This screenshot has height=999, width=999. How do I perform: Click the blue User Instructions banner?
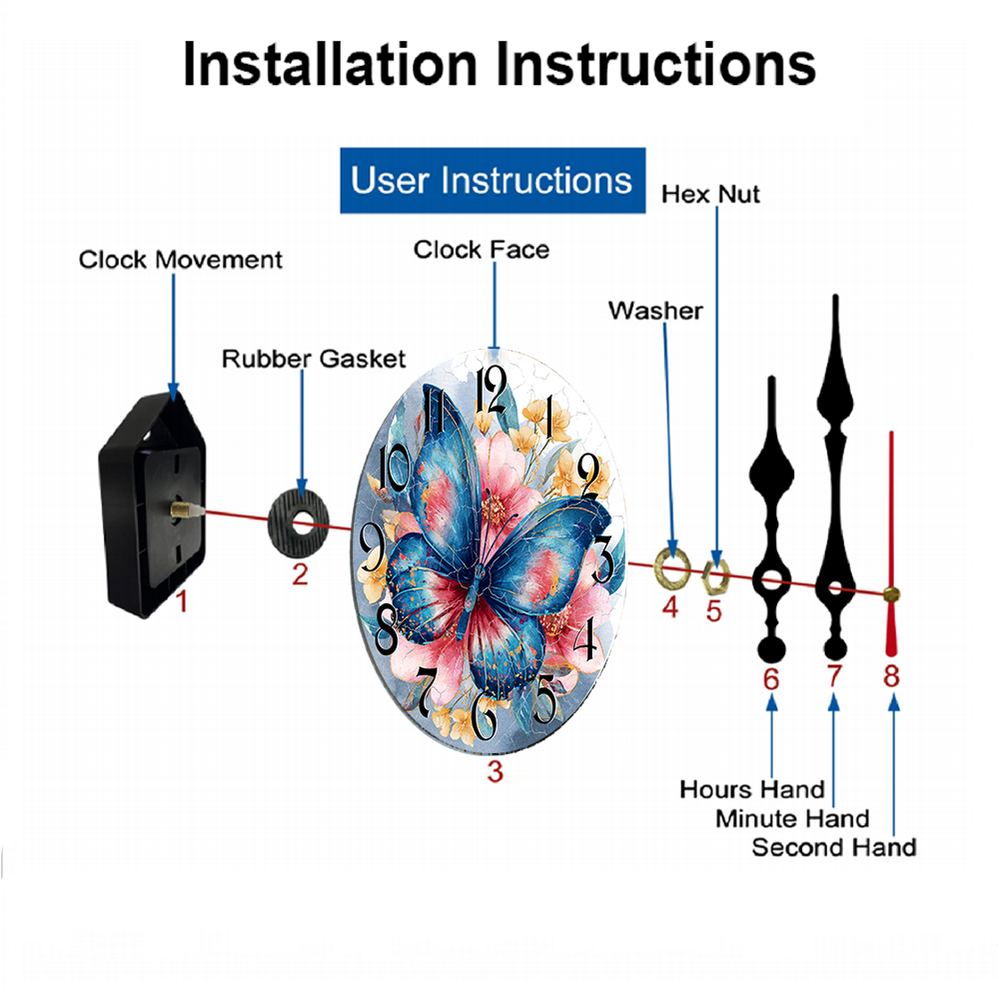click(493, 180)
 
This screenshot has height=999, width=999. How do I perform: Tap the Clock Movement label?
click(180, 260)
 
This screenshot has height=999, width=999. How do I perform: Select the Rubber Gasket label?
click(314, 359)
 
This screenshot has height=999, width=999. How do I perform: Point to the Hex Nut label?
click(710, 195)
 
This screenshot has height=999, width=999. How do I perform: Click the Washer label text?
click(655, 311)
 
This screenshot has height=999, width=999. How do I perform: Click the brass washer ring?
click(672, 567)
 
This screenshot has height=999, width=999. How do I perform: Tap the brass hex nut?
click(715, 576)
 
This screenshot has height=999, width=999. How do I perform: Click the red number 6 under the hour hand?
click(771, 679)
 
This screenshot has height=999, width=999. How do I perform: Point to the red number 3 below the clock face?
click(496, 771)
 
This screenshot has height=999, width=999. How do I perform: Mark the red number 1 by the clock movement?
click(182, 601)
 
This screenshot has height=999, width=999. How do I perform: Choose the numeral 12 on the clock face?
click(492, 390)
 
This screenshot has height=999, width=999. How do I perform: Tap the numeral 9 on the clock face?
click(373, 547)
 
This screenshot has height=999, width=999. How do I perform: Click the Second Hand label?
click(834, 847)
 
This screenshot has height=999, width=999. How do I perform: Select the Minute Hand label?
click(792, 819)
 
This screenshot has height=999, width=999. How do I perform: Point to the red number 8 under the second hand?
click(891, 676)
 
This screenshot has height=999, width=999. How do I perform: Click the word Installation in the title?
click(330, 64)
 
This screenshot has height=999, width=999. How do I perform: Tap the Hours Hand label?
click(752, 789)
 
